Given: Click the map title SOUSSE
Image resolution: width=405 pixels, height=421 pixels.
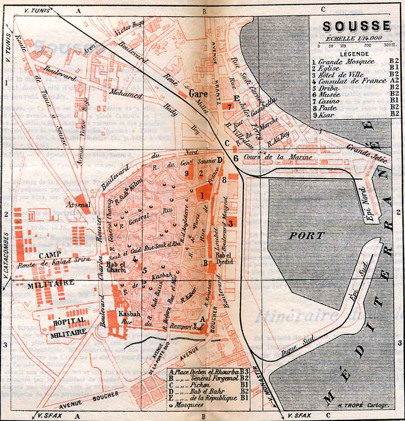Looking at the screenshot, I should (x=357, y=26).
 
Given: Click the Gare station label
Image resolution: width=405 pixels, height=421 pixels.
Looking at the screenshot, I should (x=198, y=94).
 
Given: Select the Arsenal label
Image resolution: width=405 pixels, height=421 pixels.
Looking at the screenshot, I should (x=77, y=205).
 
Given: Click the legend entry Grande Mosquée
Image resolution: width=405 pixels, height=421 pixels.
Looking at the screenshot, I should (x=347, y=61).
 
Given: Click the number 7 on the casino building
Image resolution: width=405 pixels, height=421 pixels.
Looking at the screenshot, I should (x=229, y=106).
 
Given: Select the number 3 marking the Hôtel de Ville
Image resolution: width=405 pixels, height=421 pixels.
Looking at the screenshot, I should (x=230, y=224).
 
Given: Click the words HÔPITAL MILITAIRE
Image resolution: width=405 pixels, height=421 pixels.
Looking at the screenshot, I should (x=69, y=326).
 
